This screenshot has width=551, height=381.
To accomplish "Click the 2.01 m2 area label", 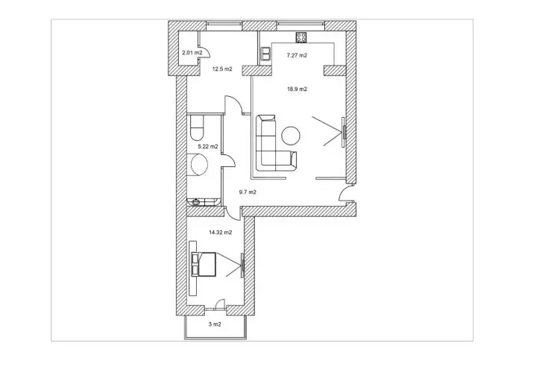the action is click(192, 53).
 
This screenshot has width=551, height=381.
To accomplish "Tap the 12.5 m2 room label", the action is click(222, 69).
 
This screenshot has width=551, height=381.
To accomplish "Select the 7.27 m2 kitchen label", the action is click(297, 55).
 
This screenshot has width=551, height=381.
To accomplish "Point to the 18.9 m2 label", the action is click(297, 89).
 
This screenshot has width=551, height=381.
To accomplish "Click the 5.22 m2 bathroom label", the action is click(208, 147).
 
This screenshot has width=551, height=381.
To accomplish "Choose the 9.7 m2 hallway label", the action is click(248, 192).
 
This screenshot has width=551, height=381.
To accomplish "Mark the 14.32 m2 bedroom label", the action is click(221, 233).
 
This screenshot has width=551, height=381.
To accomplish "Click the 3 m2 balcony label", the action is click(215, 324).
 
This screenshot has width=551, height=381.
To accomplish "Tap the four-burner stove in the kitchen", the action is click(301, 37).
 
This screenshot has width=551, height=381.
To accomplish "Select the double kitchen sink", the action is click(265, 54).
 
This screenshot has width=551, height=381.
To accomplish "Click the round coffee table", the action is click(291, 136).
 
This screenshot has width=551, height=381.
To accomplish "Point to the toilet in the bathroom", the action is click(197, 128).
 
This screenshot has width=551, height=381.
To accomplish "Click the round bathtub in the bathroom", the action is click(199, 165).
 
